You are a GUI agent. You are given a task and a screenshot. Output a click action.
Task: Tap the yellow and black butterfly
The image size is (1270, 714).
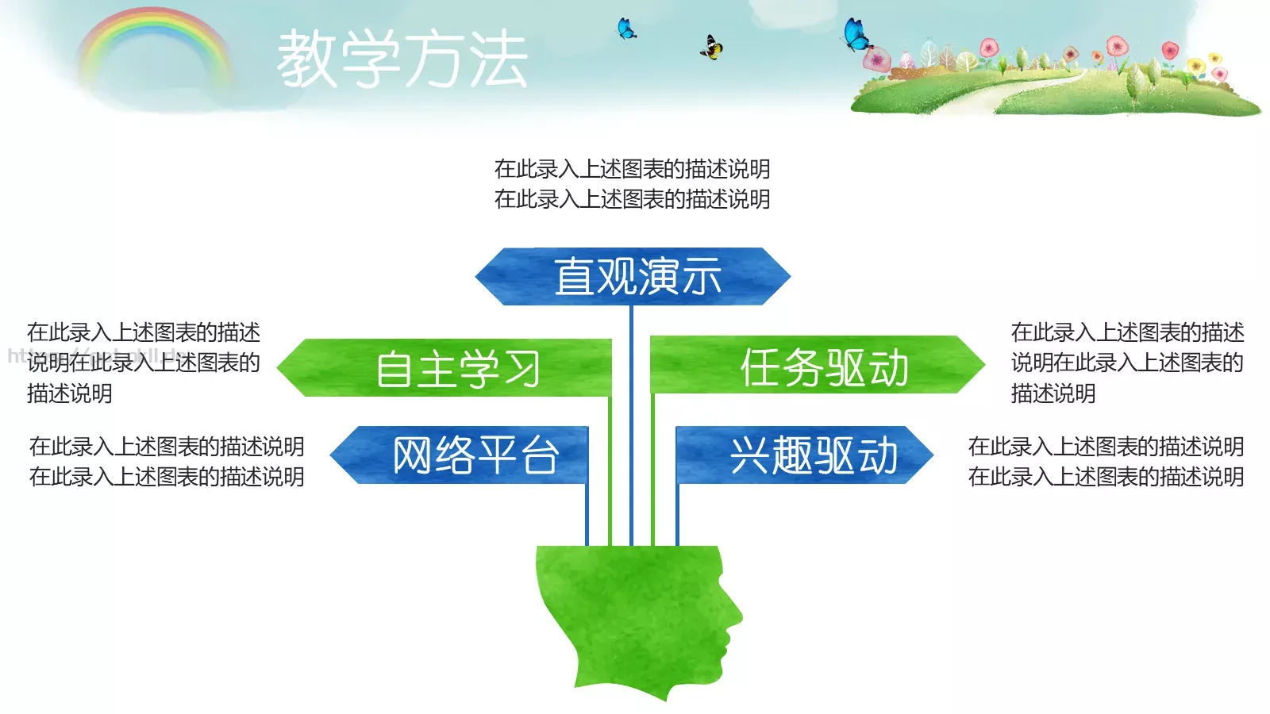click(x=711, y=48)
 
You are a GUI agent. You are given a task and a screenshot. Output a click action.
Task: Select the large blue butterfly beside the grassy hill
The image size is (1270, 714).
click(x=856, y=35)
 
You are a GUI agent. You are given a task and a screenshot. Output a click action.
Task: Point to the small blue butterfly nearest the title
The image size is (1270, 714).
click(x=626, y=29)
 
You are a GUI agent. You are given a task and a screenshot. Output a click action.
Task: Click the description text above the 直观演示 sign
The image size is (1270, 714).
click(x=632, y=184)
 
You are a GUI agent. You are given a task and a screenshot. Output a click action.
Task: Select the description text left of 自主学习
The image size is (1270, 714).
click(x=143, y=363)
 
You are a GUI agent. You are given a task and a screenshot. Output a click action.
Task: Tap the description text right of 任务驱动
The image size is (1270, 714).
click(x=1127, y=363)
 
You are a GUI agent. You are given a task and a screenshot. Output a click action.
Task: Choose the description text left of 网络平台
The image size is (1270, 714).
click(x=167, y=462)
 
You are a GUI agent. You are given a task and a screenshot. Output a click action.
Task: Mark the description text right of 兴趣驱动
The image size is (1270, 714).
click(x=1106, y=462)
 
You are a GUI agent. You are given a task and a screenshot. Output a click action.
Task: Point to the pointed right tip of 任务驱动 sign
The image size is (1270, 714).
click(x=982, y=364)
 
